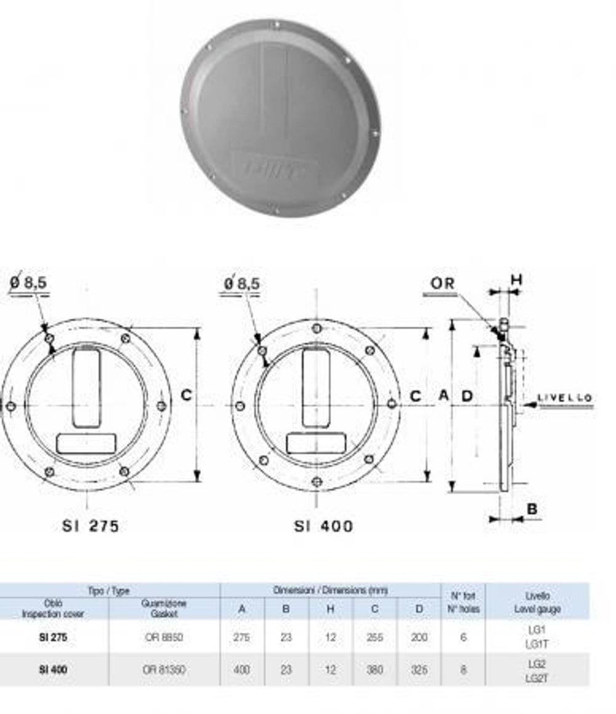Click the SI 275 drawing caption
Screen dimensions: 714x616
pyautogui.click(x=91, y=526)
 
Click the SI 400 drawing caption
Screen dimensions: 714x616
pyautogui.click(x=323, y=526)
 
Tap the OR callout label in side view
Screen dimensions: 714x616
pyautogui.click(x=442, y=284)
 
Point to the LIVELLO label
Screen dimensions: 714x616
pyautogui.click(x=565, y=398)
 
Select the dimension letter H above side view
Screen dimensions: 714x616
pyautogui.click(x=516, y=280)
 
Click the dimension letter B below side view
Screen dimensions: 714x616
pyautogui.click(x=532, y=509)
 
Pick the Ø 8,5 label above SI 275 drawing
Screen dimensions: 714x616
pyautogui.click(x=29, y=283)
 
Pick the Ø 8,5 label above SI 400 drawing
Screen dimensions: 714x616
pyautogui.click(x=242, y=283)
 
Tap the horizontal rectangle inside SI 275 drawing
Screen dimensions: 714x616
pyautogui.click(x=86, y=443)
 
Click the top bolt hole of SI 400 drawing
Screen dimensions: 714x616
pyautogui.click(x=316, y=328)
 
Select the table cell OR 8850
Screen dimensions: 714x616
pyautogui.click(x=164, y=637)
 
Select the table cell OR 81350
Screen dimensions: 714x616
pyautogui.click(x=164, y=669)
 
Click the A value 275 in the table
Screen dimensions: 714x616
pyautogui.click(x=242, y=637)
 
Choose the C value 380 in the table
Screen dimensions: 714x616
pyautogui.click(x=375, y=669)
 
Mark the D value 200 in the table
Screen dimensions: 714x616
pyautogui.click(x=419, y=637)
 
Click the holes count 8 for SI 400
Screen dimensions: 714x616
pyautogui.click(x=463, y=669)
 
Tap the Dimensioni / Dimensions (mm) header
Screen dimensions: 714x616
pyautogui.click(x=330, y=590)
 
